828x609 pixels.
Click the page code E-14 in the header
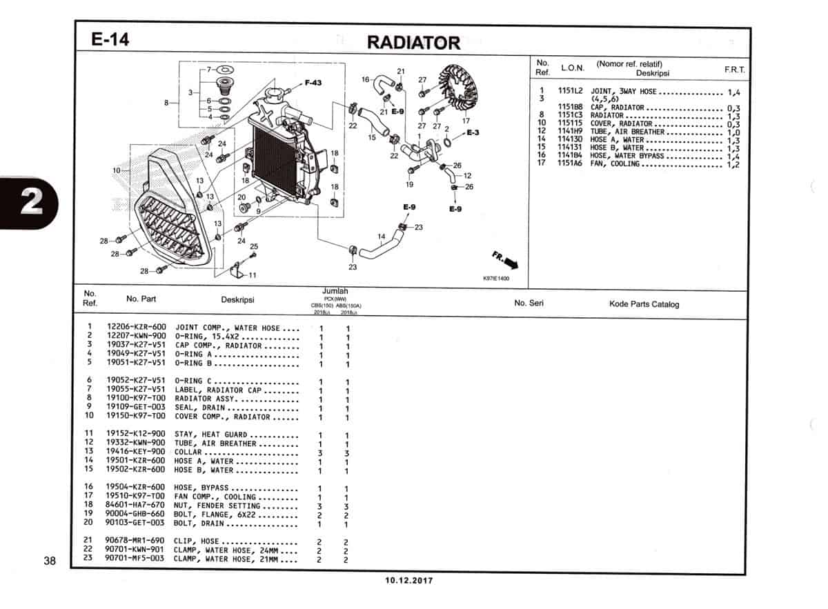click(x=110, y=40)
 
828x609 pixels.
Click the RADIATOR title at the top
click(x=413, y=43)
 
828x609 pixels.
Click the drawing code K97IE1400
click(x=496, y=279)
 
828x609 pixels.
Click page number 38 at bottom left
click(x=49, y=561)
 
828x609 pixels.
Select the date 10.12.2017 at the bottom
click(x=408, y=581)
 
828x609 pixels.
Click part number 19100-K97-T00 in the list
click(x=136, y=399)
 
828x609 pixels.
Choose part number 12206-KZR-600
click(x=136, y=328)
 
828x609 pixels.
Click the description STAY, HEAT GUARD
click(x=210, y=435)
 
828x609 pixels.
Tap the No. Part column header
click(x=141, y=299)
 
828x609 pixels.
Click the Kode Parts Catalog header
click(x=644, y=304)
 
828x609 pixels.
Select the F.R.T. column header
click(x=734, y=70)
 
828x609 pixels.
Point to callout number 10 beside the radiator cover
click(x=117, y=170)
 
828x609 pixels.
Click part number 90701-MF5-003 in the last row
click(x=136, y=559)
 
